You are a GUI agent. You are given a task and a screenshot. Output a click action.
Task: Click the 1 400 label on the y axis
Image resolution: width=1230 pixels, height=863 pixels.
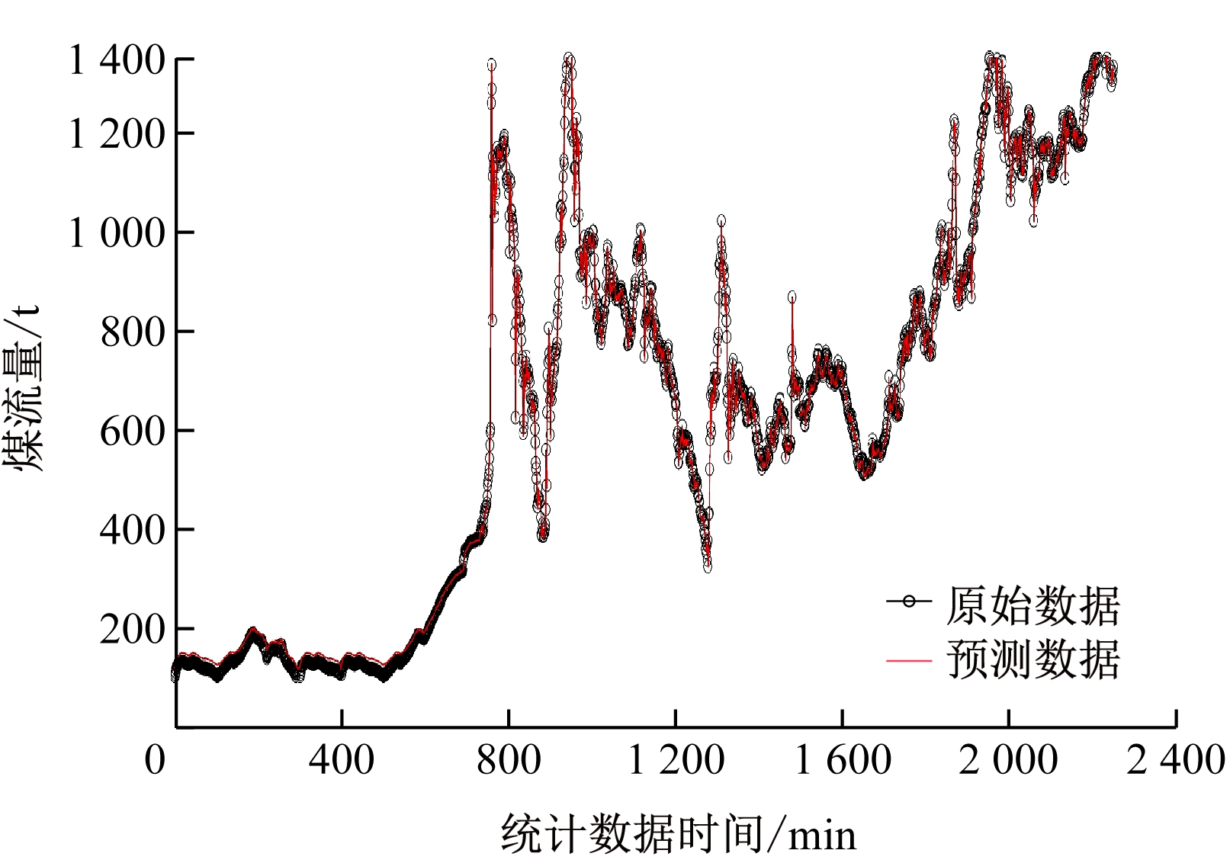click(116, 60)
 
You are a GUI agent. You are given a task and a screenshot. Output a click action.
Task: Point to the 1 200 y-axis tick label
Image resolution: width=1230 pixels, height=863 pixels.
click(116, 134)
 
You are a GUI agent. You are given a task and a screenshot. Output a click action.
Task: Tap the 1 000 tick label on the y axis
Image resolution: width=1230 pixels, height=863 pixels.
click(116, 233)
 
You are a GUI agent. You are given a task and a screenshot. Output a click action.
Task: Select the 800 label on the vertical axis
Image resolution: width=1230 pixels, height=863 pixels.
click(132, 332)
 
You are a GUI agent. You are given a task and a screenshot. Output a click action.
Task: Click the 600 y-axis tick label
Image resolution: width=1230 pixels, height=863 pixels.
click(132, 431)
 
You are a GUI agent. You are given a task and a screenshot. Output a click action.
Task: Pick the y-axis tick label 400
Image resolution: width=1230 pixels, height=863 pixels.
click(132, 529)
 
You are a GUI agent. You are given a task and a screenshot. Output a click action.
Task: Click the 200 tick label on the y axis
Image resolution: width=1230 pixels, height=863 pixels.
click(132, 629)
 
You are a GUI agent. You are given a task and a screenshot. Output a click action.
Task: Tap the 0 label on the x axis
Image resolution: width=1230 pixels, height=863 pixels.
click(155, 760)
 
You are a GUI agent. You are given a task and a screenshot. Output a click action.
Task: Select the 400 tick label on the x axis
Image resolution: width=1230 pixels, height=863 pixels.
click(342, 760)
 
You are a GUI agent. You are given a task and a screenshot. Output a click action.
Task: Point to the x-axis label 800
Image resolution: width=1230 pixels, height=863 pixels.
click(509, 760)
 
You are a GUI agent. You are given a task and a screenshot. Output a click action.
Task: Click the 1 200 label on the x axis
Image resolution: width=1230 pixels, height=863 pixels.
click(676, 760)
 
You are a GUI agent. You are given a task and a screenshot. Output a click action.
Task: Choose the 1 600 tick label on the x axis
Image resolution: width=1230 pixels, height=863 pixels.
click(843, 760)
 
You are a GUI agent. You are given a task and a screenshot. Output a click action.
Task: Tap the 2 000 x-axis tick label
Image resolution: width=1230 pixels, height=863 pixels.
click(1008, 760)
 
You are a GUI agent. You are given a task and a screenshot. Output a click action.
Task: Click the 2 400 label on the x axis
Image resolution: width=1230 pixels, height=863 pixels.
click(1176, 760)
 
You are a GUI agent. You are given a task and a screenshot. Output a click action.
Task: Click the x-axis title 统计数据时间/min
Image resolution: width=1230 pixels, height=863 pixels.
click(678, 833)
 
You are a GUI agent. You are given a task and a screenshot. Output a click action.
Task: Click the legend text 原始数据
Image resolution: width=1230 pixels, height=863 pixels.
click(1033, 606)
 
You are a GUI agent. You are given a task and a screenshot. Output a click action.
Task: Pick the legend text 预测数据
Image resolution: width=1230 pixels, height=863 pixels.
click(1033, 659)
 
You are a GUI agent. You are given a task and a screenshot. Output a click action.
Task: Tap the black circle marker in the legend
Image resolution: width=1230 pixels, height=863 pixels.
click(909, 602)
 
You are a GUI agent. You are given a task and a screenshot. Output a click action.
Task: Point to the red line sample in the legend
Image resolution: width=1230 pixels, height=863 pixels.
click(909, 660)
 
